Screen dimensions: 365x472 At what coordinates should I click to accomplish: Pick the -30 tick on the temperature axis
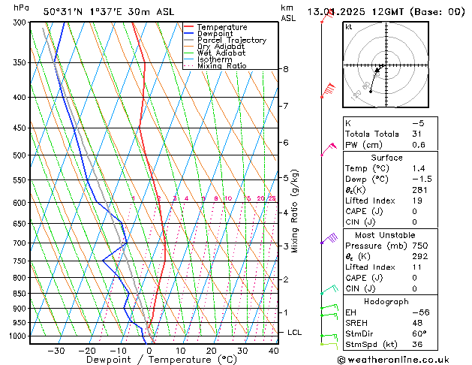(56, 350)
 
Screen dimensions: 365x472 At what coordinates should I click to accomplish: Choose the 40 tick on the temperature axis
(273, 350)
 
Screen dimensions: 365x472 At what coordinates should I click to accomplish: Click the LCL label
(295, 332)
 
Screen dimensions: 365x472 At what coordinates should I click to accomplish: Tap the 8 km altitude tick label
(285, 69)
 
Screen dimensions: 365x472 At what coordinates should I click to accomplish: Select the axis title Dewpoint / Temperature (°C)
(151, 360)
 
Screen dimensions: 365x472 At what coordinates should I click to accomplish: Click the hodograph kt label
(348, 27)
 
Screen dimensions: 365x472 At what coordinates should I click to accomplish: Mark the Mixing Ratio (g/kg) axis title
(295, 211)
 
